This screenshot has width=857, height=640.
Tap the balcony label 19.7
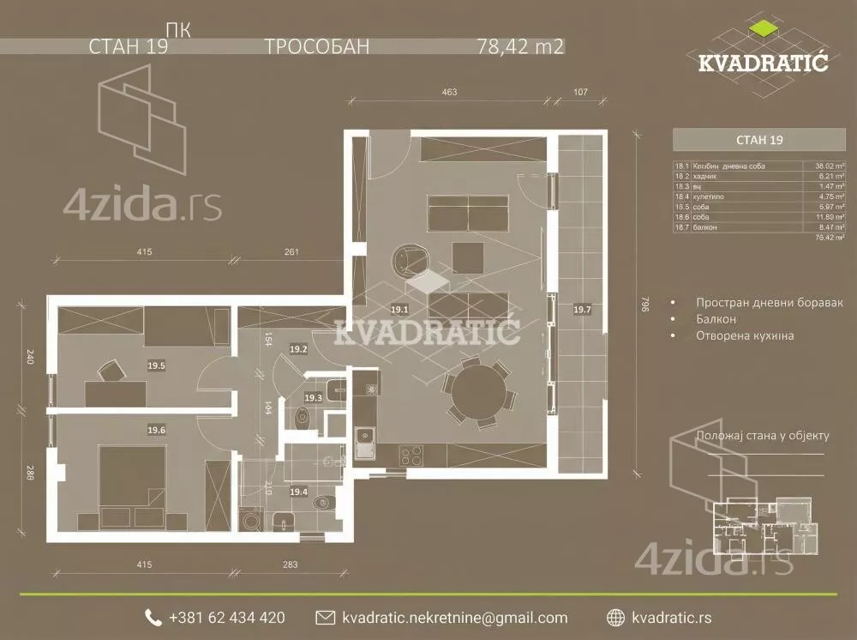pyautogui.click(x=582, y=309)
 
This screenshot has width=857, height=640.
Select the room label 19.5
pyautogui.click(x=156, y=365)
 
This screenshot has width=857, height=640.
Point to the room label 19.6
pyautogui.click(x=156, y=430)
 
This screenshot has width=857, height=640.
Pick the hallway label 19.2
pyautogui.click(x=298, y=349)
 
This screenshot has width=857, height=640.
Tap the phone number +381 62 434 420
pyautogui.click(x=227, y=618)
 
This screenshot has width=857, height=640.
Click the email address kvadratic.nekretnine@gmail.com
pyautogui.click(x=454, y=618)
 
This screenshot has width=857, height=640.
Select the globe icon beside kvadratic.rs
pyautogui.click(x=614, y=618)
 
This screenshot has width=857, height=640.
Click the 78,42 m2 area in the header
pyautogui.click(x=519, y=46)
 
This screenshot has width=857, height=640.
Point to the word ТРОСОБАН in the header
pyautogui.click(x=317, y=46)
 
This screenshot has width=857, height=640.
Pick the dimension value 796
pyautogui.click(x=646, y=304)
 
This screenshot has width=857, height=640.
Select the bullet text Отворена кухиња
pyautogui.click(x=745, y=335)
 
